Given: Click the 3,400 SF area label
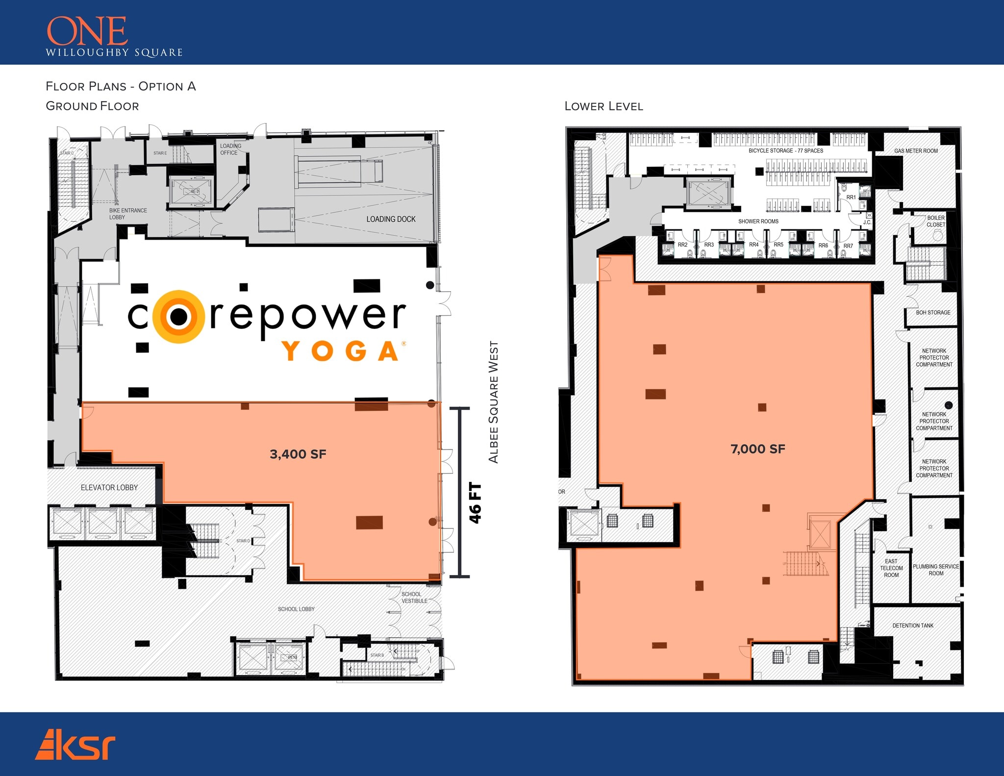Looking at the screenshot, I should coord(298,454).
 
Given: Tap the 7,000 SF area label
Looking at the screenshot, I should coord(757,449).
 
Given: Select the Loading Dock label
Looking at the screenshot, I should coord(391,219).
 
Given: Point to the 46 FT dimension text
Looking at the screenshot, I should coord(475,503).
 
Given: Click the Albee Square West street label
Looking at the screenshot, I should coord(493,402).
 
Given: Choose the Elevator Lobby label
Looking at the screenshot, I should coord(109,487).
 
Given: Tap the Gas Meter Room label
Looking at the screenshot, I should coord(916,151).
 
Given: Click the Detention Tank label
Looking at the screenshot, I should coord(913,626).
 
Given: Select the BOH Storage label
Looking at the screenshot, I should coord(933,312).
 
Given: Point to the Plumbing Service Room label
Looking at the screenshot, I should coord(936,570).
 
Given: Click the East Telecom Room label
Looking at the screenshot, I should coord(891,568).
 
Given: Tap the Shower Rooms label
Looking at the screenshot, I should coord(758,222).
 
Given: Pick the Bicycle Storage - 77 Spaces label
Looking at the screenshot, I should coord(786,150).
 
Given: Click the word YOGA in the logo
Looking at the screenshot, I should coord(342,351).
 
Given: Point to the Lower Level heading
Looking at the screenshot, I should coord(603,106).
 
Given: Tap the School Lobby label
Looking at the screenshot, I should coord(296,609).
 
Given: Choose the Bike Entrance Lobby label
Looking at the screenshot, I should coord(128,214).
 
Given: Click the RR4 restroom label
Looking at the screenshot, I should coord(753,245).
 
